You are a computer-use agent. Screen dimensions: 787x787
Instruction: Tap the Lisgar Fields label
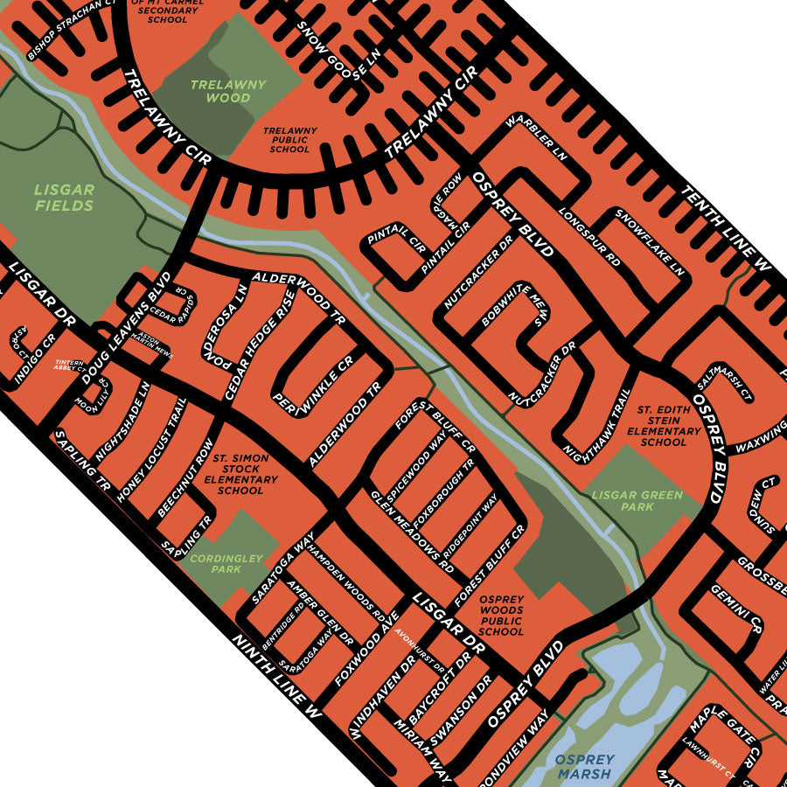[x=64, y=198]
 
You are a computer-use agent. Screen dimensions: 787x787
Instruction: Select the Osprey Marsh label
[x=584, y=767]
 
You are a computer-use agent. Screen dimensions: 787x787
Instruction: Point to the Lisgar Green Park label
[x=637, y=501]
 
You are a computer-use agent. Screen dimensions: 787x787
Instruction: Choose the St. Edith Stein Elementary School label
[x=669, y=425]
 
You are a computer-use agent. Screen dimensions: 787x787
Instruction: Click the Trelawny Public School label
[x=289, y=139]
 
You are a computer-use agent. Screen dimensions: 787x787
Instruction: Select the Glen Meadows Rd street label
[x=415, y=533]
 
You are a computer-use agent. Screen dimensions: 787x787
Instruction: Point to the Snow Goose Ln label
[x=340, y=49]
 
